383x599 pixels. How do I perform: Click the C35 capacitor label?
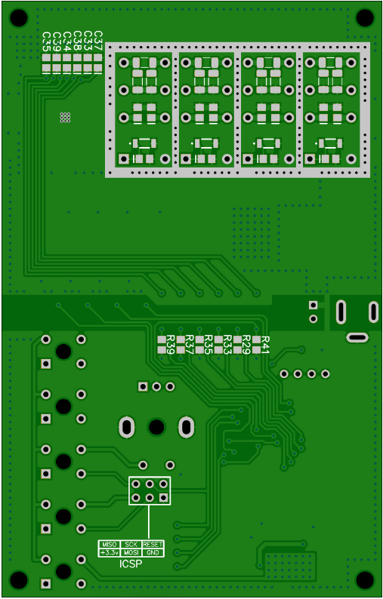click(46, 41)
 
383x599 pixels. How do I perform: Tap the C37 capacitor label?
click(98, 41)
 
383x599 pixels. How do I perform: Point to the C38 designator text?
click(77, 41)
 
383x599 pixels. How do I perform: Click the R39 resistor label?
click(171, 345)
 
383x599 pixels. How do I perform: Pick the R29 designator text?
click(246, 345)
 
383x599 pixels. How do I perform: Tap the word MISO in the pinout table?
click(110, 545)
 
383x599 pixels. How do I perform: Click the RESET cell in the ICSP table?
click(153, 545)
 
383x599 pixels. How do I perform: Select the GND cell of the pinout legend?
click(153, 552)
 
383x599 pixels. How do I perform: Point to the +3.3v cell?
click(110, 552)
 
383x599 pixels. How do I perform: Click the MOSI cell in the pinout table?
click(131, 552)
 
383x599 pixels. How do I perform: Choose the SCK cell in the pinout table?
click(131, 545)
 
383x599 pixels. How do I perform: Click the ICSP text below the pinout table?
click(131, 564)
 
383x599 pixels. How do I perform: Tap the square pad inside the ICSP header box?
click(164, 497)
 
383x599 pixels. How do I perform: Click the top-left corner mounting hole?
click(19, 17)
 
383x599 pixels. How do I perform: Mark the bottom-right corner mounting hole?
click(365, 580)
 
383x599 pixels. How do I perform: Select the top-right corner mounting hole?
click(365, 17)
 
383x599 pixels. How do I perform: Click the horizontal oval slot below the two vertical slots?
click(357, 337)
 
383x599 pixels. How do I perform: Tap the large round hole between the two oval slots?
click(156, 427)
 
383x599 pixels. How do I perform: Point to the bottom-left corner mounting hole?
click(19, 580)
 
